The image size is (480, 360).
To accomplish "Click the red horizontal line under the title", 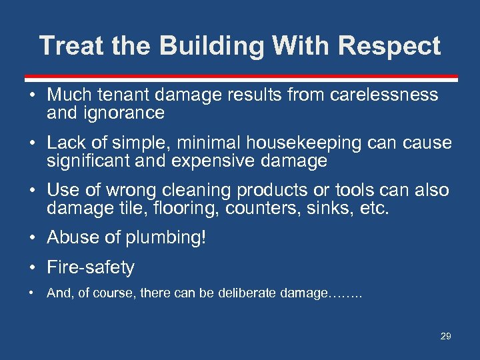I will click(240, 77).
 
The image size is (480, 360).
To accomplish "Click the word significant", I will click(92, 161).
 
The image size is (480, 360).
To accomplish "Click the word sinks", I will click(331, 209).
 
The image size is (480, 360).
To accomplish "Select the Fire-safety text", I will click(91, 267).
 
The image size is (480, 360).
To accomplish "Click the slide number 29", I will click(445, 336).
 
